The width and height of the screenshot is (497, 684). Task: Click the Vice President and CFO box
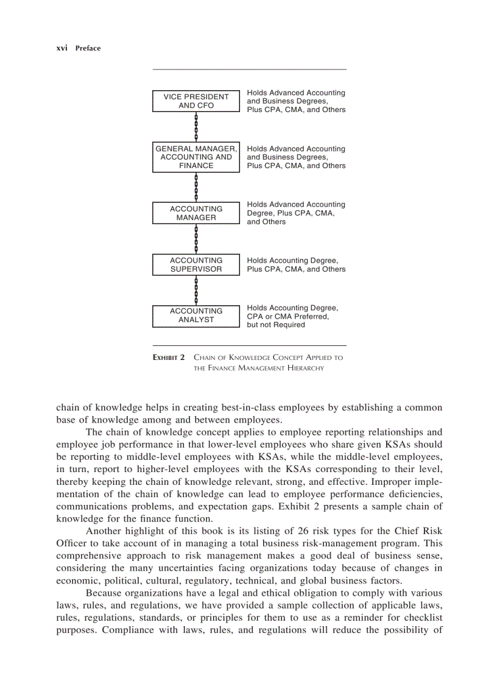point(196,101)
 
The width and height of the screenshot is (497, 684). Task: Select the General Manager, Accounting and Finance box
point(196,157)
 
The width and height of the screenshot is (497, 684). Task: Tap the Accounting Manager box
point(196,213)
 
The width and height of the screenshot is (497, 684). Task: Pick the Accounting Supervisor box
point(196,265)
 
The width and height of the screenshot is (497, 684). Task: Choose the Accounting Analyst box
point(196,316)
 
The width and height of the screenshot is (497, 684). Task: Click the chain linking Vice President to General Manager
point(196,127)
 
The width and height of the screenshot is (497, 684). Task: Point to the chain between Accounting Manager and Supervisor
point(196,239)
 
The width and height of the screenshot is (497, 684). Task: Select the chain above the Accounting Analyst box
point(196,290)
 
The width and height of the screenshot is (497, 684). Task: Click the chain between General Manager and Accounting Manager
point(196,187)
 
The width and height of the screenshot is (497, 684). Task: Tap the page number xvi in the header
point(62,48)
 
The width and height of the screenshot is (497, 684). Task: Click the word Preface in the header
point(88,48)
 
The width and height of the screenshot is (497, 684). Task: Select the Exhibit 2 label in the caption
point(169,358)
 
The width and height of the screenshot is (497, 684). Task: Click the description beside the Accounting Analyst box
point(292,316)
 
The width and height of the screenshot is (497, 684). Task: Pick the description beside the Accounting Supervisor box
point(296,265)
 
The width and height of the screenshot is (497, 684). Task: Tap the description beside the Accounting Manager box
point(296,213)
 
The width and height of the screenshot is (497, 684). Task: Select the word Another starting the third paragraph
point(104,531)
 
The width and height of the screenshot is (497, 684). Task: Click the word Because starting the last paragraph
point(105,593)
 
